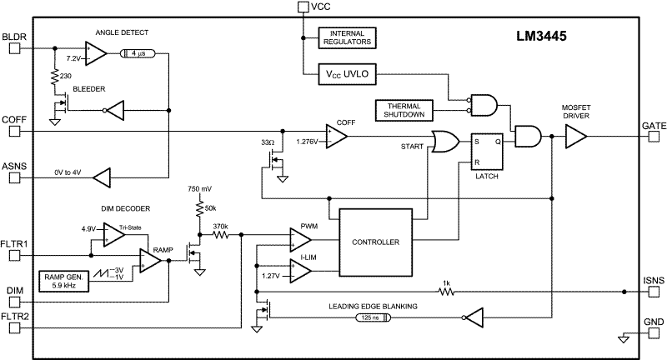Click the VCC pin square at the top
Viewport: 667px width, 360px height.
pos(303,7)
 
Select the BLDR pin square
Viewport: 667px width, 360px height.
pos(15,48)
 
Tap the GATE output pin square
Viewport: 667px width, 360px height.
pos(654,137)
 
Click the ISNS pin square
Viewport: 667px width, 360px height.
pos(654,292)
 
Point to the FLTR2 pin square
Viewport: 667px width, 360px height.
pos(15,327)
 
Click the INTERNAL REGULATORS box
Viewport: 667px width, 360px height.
pos(347,37)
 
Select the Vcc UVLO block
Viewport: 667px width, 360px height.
pos(347,74)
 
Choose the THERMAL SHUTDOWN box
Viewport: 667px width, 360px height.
pos(404,111)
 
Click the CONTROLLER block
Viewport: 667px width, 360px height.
pos(376,242)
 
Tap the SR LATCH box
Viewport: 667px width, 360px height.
pos(487,152)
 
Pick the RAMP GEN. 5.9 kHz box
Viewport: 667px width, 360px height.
pos(64,282)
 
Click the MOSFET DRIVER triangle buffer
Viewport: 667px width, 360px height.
pos(576,137)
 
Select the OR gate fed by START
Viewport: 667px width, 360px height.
pos(445,142)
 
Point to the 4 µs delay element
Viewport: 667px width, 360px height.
pos(138,54)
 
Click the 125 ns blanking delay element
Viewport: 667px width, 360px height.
pos(372,317)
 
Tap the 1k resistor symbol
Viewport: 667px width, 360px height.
pos(446,292)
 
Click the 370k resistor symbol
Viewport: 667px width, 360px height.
pos(220,234)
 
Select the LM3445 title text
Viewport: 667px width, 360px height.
pos(541,36)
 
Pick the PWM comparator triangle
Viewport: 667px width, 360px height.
pos(300,240)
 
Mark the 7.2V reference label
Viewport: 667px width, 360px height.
pos(73,58)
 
